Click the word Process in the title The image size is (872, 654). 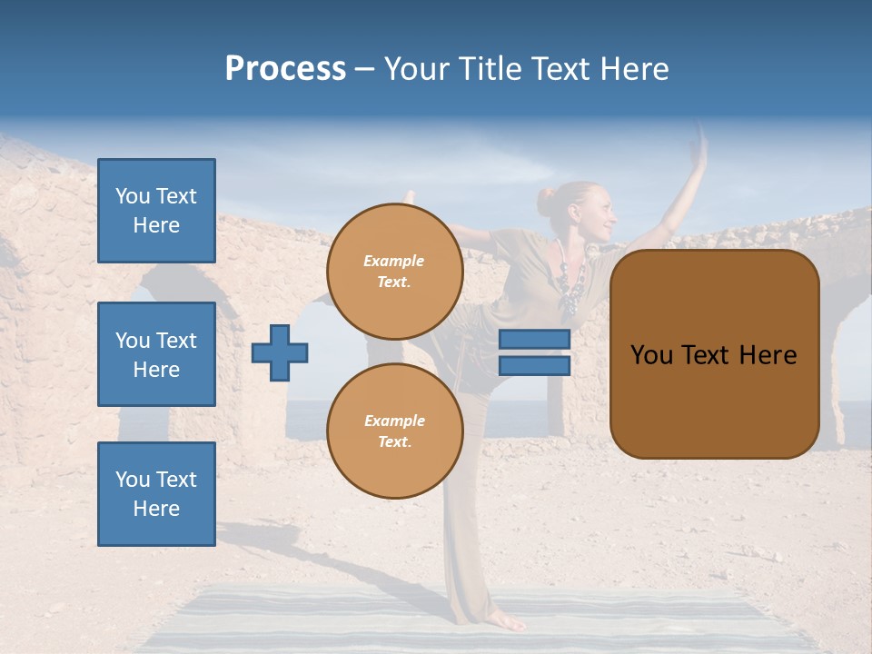(x=285, y=69)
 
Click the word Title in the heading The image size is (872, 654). (x=487, y=69)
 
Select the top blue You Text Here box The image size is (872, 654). (x=156, y=211)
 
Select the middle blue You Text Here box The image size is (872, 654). (x=156, y=354)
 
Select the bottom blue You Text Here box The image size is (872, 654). (x=156, y=494)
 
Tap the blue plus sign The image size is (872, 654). (x=279, y=352)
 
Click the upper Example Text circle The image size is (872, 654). (x=394, y=272)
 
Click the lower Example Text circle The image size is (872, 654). (x=394, y=431)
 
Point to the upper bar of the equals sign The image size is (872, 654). (x=534, y=339)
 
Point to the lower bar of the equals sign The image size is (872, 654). (x=534, y=365)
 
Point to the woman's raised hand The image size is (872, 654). (x=699, y=145)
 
